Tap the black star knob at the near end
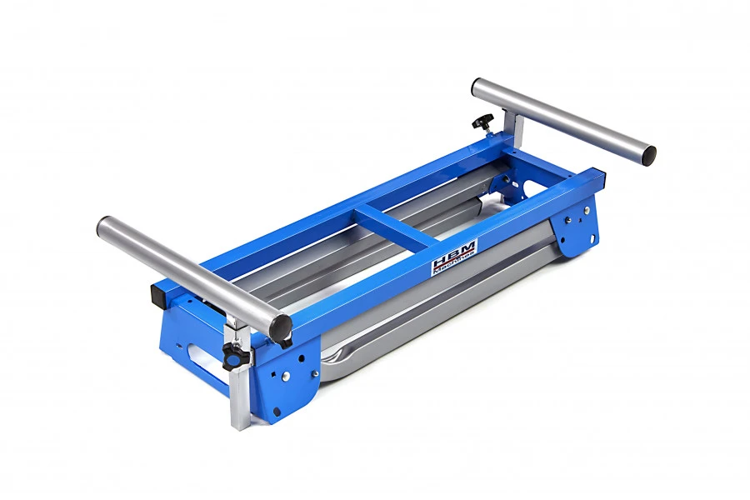[231, 356]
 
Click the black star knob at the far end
[481, 122]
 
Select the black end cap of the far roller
[648, 154]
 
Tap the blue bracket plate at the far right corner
[578, 227]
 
